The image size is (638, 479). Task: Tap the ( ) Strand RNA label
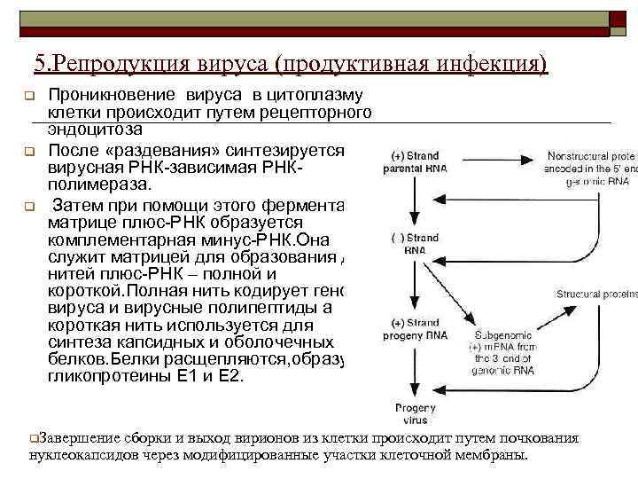pyautogui.click(x=410, y=244)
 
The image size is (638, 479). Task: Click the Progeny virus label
pyautogui.click(x=409, y=413)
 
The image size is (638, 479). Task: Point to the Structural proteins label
pyautogui.click(x=595, y=294)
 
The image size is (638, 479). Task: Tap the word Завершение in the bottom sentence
pyautogui.click(x=78, y=437)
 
